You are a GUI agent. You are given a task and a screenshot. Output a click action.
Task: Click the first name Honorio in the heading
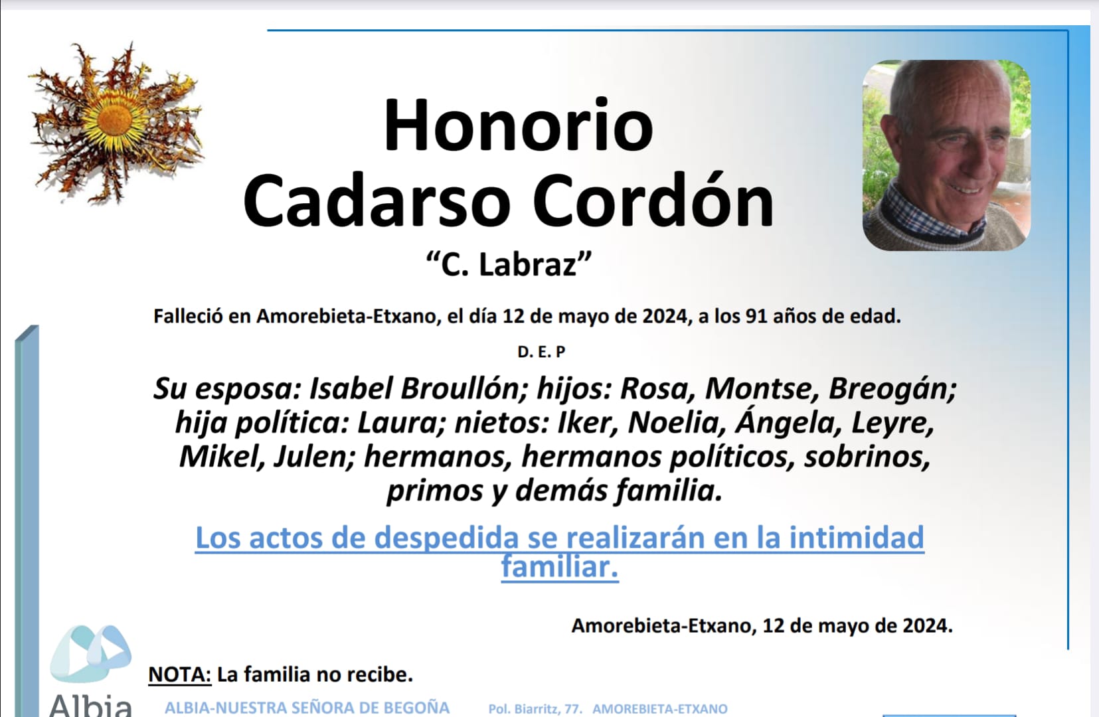click(x=518, y=125)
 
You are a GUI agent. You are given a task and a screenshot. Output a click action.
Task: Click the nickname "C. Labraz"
click(x=509, y=264)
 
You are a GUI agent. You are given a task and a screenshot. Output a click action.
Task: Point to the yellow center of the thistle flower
click(x=114, y=119)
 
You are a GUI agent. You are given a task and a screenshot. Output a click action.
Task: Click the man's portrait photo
click(x=946, y=155)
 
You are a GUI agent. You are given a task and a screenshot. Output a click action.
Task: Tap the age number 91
click(x=756, y=316)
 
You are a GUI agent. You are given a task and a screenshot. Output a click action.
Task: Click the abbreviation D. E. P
click(x=542, y=352)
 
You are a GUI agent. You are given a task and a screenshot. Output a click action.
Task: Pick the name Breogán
click(x=891, y=390)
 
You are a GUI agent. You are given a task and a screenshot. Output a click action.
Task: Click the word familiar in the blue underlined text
click(x=559, y=567)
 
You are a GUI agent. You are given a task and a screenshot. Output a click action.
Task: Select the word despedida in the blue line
click(x=446, y=538)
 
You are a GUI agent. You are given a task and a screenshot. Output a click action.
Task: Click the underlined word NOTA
click(x=179, y=675)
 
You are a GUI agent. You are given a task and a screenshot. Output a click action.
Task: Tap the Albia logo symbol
click(x=91, y=653)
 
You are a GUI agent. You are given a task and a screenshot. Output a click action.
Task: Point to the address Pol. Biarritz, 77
click(x=535, y=709)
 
